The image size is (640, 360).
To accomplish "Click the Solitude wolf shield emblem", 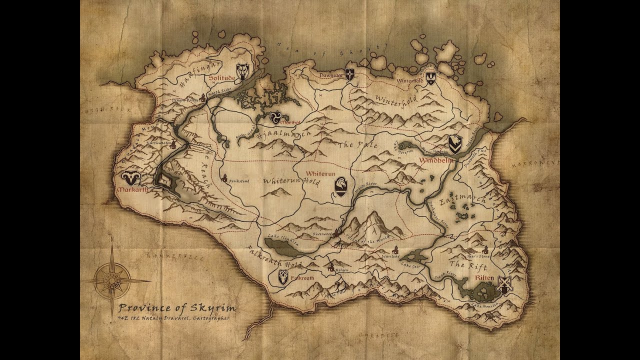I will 242,72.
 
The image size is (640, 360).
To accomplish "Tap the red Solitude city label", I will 221,78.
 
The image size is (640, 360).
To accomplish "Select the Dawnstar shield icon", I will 350,74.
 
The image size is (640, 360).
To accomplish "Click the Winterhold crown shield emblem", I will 430,78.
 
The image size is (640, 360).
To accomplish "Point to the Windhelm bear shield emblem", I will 454,144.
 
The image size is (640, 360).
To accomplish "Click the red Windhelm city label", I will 436,161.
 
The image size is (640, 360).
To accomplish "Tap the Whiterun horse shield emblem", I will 340,187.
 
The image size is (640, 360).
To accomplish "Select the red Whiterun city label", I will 319,173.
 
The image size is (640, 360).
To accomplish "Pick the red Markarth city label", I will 132,190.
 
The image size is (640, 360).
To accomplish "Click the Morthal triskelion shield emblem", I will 275,118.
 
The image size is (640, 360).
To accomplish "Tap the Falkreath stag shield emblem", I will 283,277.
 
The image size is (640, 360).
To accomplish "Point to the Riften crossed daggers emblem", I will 505,285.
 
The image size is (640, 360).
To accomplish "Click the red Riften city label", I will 484,277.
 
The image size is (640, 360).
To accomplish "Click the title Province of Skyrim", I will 176,307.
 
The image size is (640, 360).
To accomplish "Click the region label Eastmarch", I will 455,200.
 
